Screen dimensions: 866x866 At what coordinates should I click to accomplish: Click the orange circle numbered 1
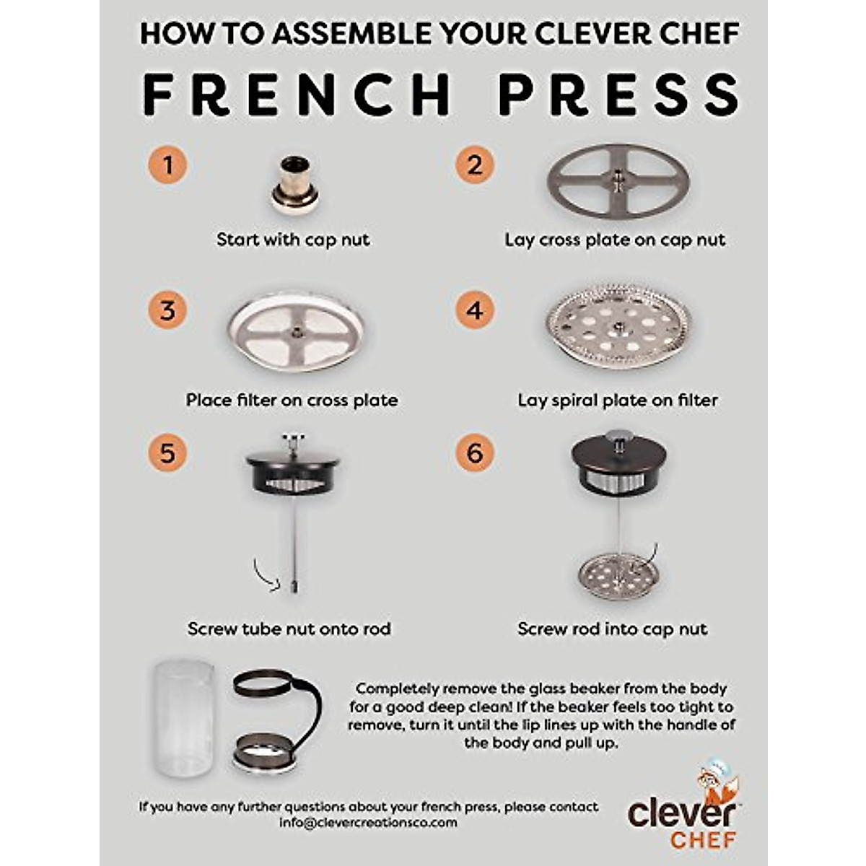(x=167, y=165)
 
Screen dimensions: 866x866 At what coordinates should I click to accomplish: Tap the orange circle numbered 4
(x=474, y=311)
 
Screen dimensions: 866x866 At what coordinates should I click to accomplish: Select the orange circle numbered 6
(x=474, y=452)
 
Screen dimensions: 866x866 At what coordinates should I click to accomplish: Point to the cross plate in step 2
(x=618, y=180)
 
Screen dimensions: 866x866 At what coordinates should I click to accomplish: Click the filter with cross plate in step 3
(x=295, y=332)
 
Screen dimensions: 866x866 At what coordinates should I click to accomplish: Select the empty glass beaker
(x=183, y=718)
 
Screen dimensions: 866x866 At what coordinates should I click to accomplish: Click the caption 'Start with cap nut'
(x=292, y=240)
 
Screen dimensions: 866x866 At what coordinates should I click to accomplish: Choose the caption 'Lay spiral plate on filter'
(x=618, y=400)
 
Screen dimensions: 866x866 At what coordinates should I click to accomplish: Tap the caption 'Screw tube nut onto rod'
(x=289, y=629)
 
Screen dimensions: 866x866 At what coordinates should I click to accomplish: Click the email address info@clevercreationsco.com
(x=368, y=823)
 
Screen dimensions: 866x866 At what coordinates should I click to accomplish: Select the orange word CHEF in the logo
(x=703, y=840)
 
